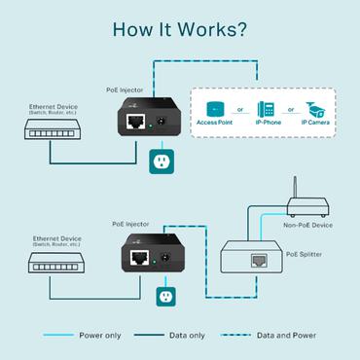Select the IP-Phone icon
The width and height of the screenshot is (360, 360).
tap(265, 110)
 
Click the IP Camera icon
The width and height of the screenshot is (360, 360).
tap(314, 110)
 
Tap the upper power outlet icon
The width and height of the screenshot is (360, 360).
tap(162, 162)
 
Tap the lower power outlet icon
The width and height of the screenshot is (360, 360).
tap(165, 293)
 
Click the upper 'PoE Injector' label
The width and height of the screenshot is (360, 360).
tap(126, 90)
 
